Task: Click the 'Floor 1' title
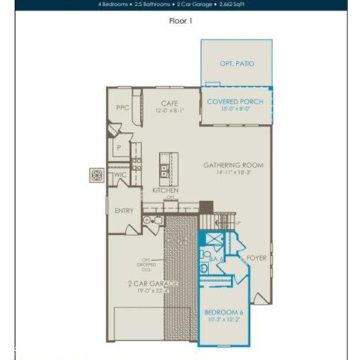point(181,21)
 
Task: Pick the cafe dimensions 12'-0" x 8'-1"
point(169,111)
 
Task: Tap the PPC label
point(122,108)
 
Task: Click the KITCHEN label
point(165,190)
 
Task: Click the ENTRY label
point(124,211)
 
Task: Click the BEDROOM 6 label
point(224,311)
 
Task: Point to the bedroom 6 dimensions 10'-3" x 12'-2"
point(224,320)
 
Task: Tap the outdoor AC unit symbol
point(97,175)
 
